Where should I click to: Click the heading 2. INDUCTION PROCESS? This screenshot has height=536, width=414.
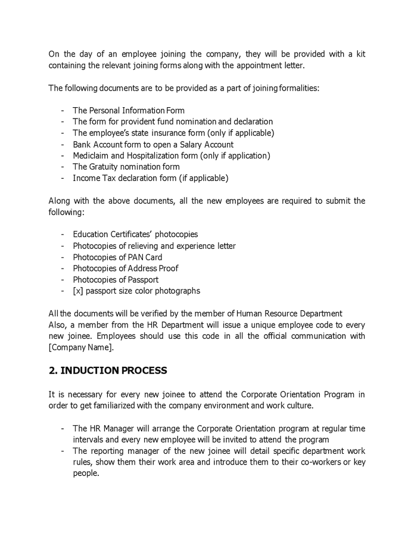point(108,370)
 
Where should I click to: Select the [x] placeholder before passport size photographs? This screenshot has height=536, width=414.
point(78,291)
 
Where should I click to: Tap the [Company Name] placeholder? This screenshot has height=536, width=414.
point(80,348)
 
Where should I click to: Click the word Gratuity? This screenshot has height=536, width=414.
point(105,167)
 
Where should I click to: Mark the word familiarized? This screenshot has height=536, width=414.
point(119,406)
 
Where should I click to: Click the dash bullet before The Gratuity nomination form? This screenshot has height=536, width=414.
point(63,167)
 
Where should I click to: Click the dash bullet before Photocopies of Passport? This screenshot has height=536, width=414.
point(63,279)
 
